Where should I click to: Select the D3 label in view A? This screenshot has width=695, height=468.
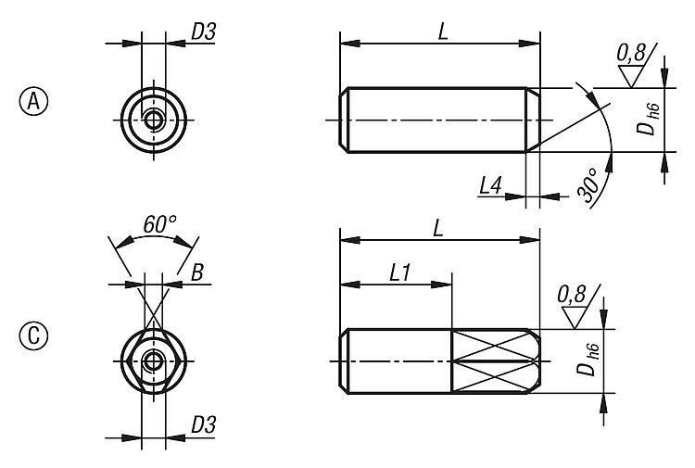(203, 32)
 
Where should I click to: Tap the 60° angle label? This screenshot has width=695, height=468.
(160, 224)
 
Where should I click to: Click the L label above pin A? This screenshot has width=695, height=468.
(443, 31)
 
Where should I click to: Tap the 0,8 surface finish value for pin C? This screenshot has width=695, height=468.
(571, 296)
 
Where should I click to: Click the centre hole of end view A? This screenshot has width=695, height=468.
(154, 120)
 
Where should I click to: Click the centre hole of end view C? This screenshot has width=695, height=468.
(154, 360)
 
